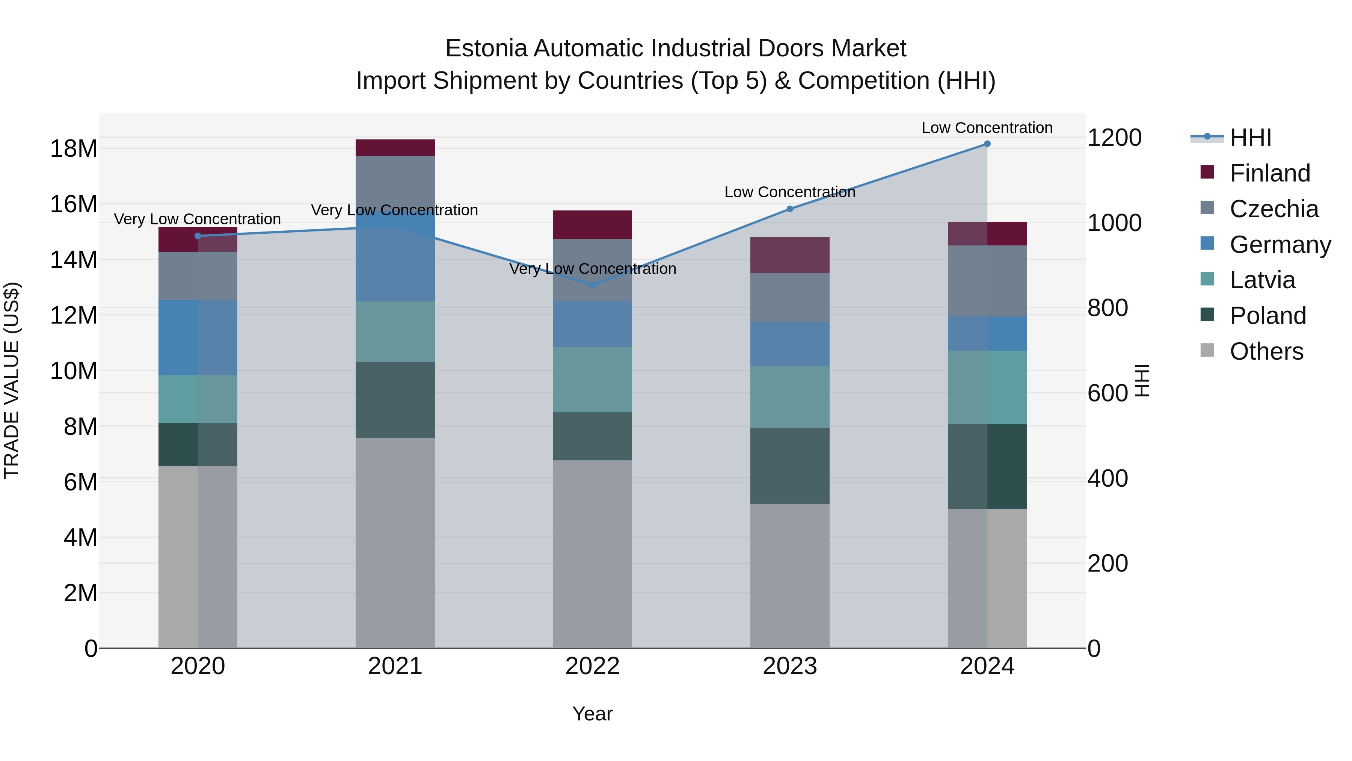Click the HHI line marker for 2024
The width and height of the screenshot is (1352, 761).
click(x=987, y=144)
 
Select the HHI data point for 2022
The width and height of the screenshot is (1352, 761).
click(x=593, y=284)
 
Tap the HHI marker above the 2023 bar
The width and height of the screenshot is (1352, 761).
click(x=790, y=209)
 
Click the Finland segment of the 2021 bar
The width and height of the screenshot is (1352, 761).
click(x=395, y=148)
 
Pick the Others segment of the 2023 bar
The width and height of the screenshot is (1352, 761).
click(x=790, y=576)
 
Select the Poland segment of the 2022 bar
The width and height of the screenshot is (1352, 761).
click(x=593, y=436)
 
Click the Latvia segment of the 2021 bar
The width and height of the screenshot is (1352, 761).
click(x=395, y=331)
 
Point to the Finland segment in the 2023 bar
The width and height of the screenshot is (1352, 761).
click(x=790, y=255)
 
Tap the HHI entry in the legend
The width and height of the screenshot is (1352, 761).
click(x=1250, y=138)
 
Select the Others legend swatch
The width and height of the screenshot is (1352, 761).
click(x=1207, y=350)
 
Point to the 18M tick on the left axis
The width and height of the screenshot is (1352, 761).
click(x=74, y=148)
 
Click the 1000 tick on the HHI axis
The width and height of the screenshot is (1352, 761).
click(x=1114, y=223)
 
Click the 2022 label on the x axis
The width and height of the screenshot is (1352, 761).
click(x=593, y=666)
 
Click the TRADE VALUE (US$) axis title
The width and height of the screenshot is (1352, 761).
click(x=12, y=380)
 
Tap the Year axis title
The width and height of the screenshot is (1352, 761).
click(x=593, y=714)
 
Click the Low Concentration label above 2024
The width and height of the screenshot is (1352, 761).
click(x=987, y=128)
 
